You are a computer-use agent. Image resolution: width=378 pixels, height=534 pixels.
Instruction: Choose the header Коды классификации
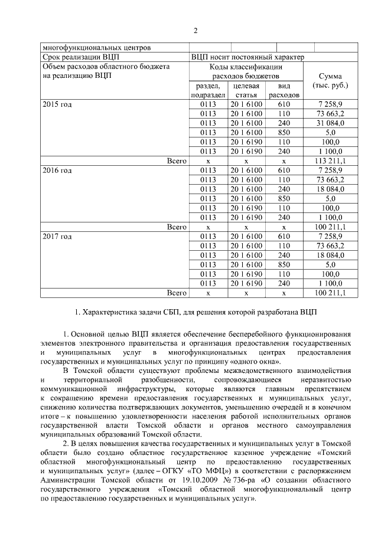pyautogui.click(x=246, y=67)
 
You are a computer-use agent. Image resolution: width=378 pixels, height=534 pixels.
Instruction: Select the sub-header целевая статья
pyautogui.click(x=246, y=90)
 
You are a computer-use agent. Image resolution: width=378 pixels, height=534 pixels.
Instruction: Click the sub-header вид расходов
pyautogui.click(x=284, y=90)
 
